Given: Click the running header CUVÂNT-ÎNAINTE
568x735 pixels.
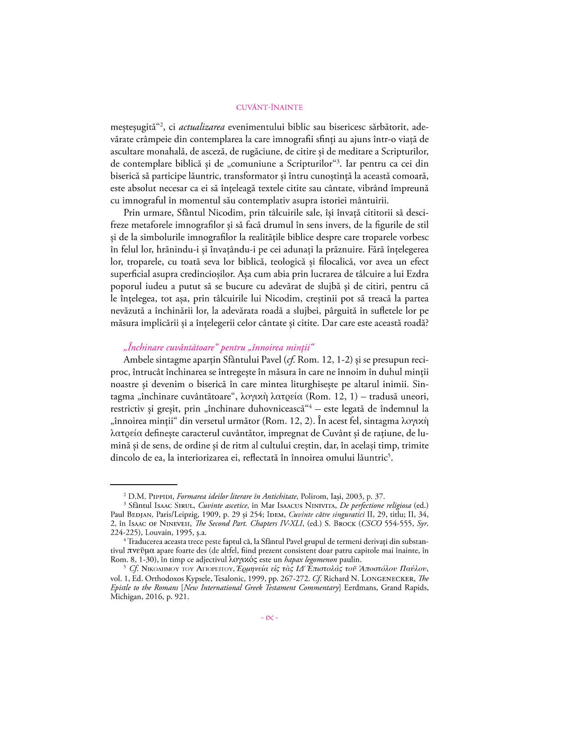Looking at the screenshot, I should [x=270, y=107].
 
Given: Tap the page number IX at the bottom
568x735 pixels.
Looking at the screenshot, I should [x=270, y=618].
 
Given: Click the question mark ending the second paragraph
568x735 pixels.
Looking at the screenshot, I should [x=426, y=323].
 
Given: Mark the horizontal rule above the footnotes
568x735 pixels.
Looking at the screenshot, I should [x=143, y=484].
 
